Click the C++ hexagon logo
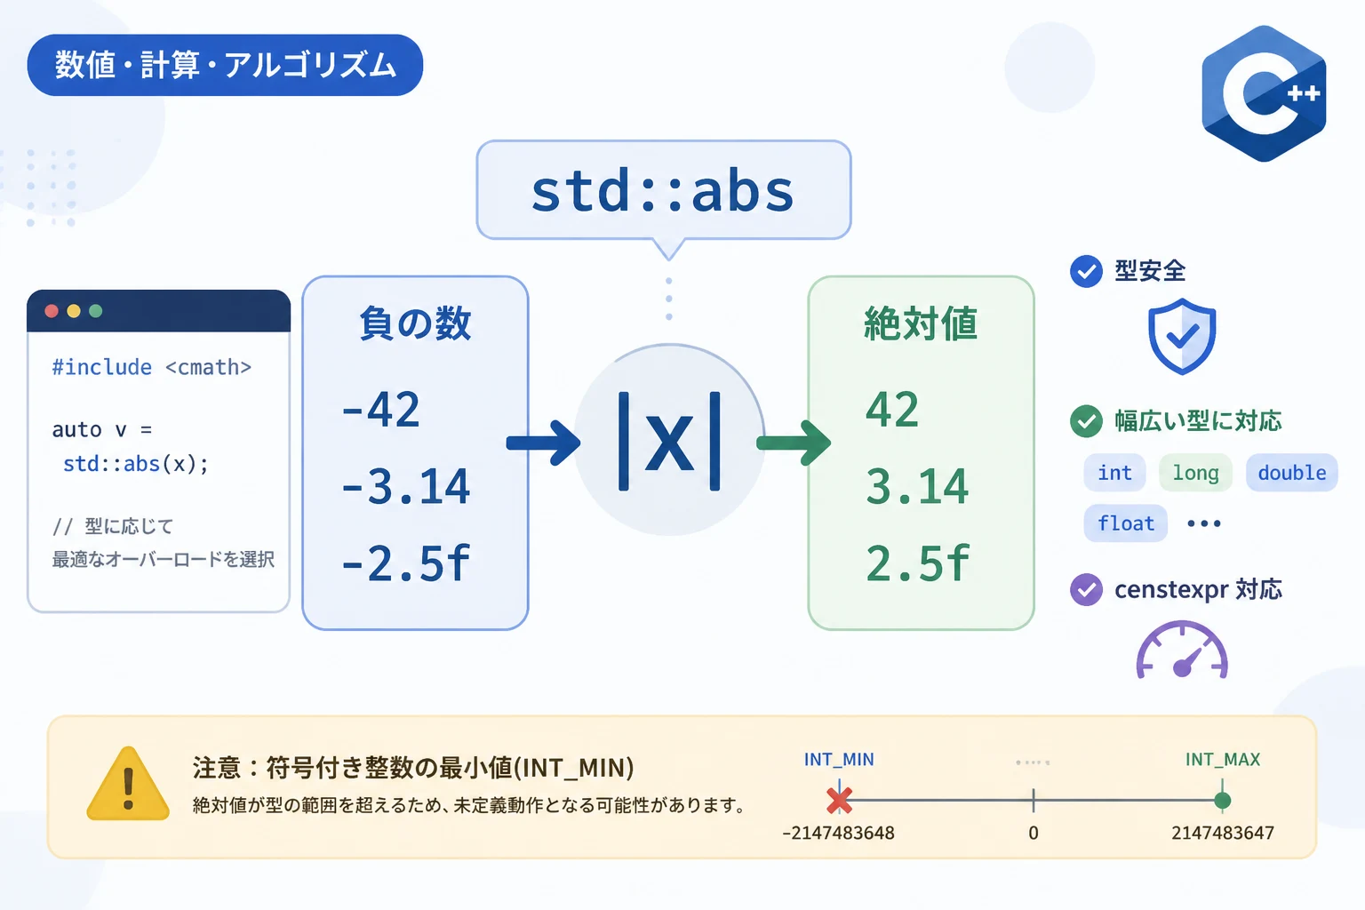(1263, 93)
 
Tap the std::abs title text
(663, 191)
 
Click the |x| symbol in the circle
(669, 441)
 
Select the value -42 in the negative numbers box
(381, 409)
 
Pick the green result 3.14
(916, 486)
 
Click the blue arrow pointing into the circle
(543, 443)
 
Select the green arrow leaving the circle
(794, 443)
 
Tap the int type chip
(1114, 473)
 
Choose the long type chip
(1195, 473)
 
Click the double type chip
(1292, 473)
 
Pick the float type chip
(1126, 523)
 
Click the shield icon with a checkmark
(1182, 336)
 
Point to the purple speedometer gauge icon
(1182, 650)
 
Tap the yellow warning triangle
(128, 785)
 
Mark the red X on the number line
(839, 801)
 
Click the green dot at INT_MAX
(1223, 801)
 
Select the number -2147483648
(839, 833)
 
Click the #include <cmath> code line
(152, 367)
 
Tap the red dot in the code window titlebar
(52, 311)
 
